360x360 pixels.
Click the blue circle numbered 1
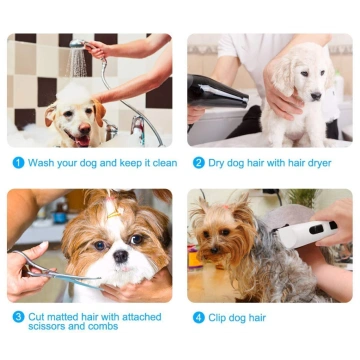tap(18, 162)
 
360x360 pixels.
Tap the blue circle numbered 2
tap(199, 162)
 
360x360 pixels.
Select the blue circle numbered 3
tap(18, 317)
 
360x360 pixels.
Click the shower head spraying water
tap(78, 61)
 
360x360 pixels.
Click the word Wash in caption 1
tap(41, 162)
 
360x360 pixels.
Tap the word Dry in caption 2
tap(218, 162)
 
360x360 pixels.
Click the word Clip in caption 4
tap(220, 318)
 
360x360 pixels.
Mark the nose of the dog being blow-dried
tap(318, 98)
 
